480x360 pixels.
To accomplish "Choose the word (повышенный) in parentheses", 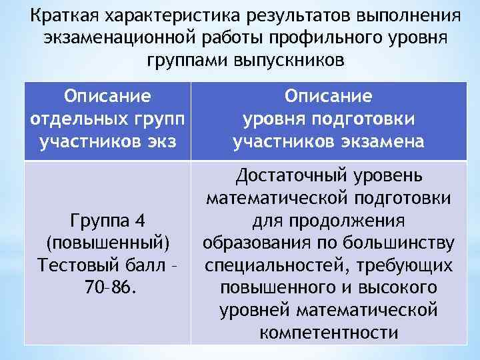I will point(107,241).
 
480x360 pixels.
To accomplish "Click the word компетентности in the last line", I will point(329,332).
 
